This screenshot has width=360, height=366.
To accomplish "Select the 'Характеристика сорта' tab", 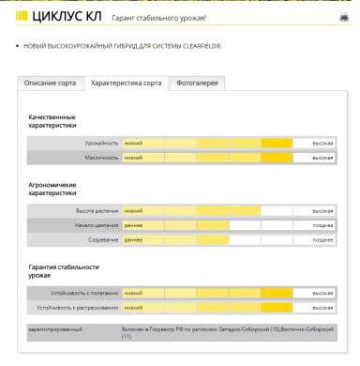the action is [x=126, y=84].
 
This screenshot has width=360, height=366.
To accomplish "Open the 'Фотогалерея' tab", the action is [x=199, y=84].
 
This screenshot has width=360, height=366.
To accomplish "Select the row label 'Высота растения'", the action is [x=97, y=211].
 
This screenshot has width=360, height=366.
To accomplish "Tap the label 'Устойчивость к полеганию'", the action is [x=86, y=294].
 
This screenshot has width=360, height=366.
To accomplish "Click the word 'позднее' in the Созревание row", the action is [x=322, y=240].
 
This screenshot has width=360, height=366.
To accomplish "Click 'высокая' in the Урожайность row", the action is [x=322, y=143].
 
